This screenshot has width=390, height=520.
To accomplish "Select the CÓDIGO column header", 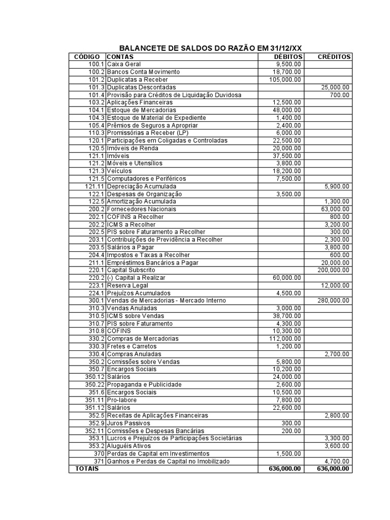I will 87,57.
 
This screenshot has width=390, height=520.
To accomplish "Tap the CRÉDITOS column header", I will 334,57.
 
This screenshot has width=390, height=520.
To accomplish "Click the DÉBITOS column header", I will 288,57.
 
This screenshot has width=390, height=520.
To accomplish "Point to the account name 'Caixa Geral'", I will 124,64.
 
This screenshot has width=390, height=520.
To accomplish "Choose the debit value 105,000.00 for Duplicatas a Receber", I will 285,80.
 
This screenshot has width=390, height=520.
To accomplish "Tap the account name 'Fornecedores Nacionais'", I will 142,209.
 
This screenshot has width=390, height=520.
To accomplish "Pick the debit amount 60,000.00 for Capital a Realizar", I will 287,278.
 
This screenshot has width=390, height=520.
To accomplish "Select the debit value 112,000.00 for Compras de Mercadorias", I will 285,339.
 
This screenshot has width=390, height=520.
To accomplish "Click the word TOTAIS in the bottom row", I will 87,469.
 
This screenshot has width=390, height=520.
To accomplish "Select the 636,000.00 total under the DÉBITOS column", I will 285,469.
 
